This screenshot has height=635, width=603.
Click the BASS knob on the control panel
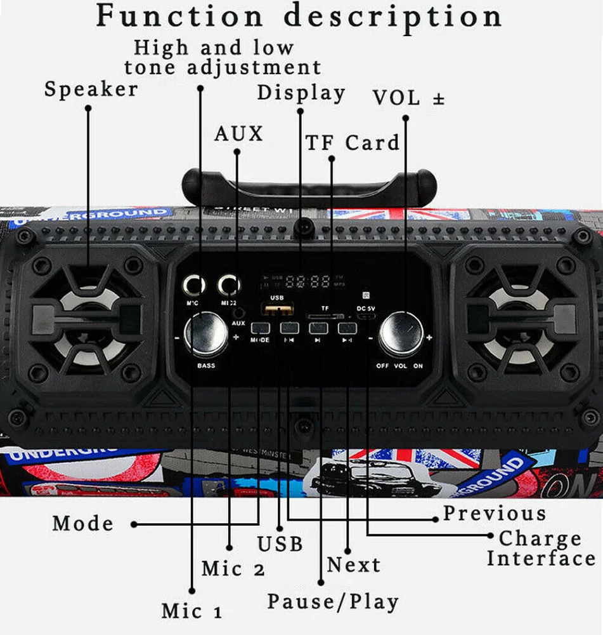tap(205, 335)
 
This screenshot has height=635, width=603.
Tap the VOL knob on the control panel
tap(401, 333)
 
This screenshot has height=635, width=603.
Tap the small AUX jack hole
tap(238, 312)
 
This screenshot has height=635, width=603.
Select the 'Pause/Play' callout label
tap(333, 601)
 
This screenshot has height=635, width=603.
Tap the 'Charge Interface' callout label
tap(541, 549)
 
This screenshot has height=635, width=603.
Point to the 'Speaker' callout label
tap(91, 90)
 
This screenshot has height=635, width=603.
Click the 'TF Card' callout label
tap(353, 143)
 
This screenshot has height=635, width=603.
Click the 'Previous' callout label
tap(494, 513)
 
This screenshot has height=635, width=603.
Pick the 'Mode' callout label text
tap(83, 524)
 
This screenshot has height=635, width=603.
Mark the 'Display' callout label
tap(301, 93)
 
